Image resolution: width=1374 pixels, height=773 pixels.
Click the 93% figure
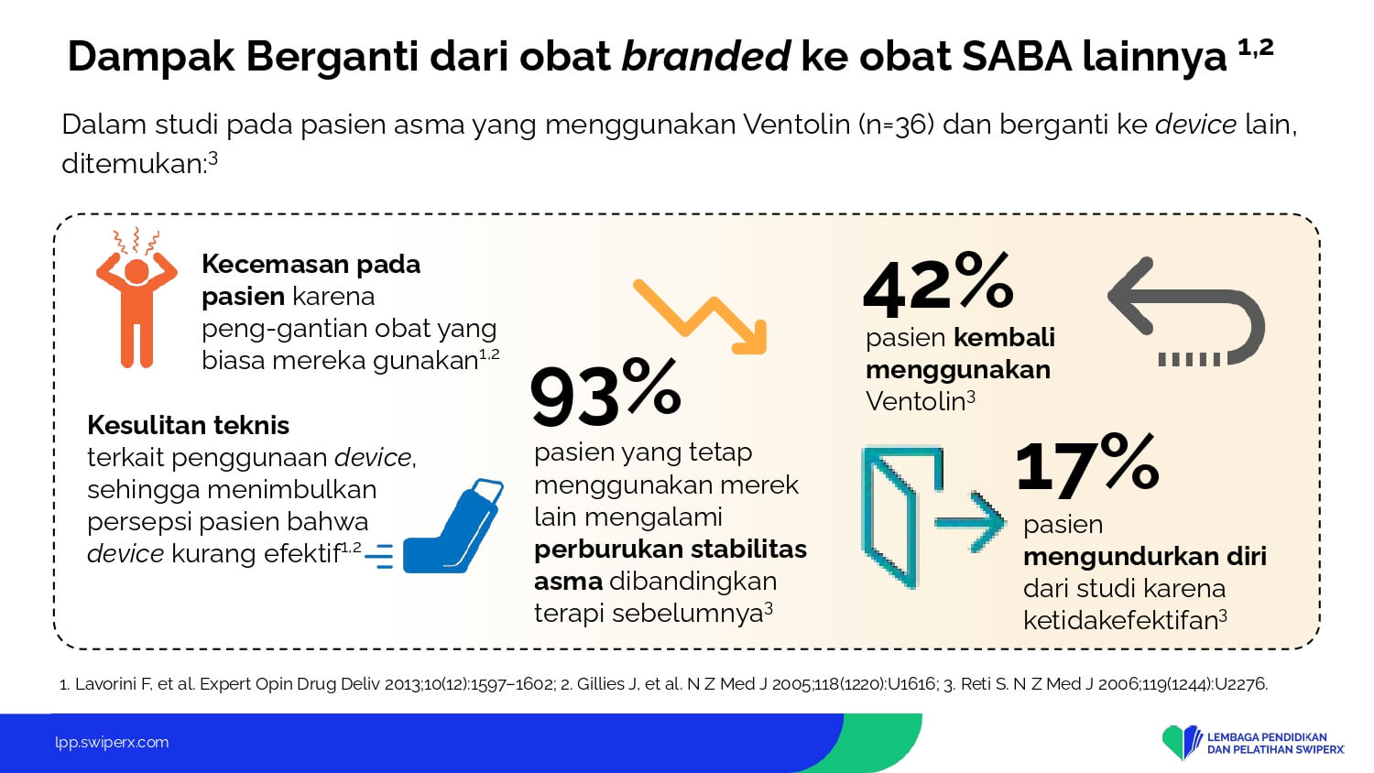605,393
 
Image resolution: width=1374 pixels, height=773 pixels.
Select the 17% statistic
1087,463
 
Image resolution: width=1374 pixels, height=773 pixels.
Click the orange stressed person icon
136,299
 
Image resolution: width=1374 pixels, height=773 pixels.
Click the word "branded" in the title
705,56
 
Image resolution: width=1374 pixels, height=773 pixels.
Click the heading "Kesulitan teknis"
189,425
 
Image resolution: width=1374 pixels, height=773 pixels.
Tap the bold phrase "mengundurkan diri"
1145,557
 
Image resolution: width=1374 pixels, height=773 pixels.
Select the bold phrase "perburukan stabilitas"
671,550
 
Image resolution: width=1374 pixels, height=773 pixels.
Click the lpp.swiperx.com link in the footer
112,743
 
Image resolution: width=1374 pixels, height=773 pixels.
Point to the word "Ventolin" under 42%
916,402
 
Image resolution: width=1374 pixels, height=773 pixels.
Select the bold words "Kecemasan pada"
311,265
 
